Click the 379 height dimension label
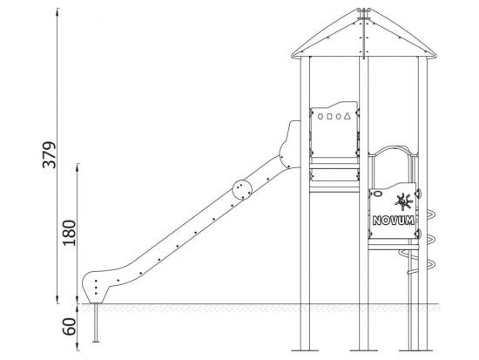click(x=50, y=155)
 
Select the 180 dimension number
click(x=70, y=233)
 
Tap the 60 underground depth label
click(x=69, y=327)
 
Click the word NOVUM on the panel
click(x=394, y=221)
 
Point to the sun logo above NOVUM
click(x=403, y=202)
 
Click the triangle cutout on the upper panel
click(x=347, y=116)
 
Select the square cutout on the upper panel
click(x=329, y=116)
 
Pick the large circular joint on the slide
click(x=242, y=190)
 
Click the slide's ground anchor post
click(x=96, y=323)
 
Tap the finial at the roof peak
click(x=363, y=14)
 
